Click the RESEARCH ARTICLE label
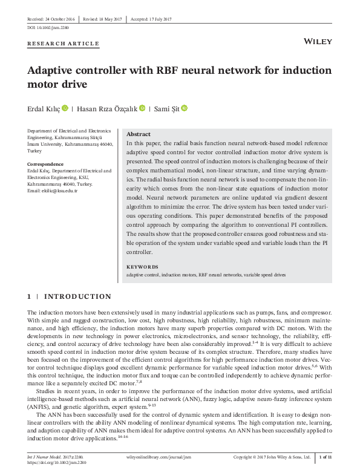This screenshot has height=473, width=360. (64, 44)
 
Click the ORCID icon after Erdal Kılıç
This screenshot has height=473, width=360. (65, 109)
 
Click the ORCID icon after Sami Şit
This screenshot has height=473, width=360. (185, 109)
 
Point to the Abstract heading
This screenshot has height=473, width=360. (139, 134)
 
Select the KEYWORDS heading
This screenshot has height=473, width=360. (142, 267)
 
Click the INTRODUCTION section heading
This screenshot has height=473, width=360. (78, 296)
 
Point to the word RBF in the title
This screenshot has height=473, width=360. (168, 70)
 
